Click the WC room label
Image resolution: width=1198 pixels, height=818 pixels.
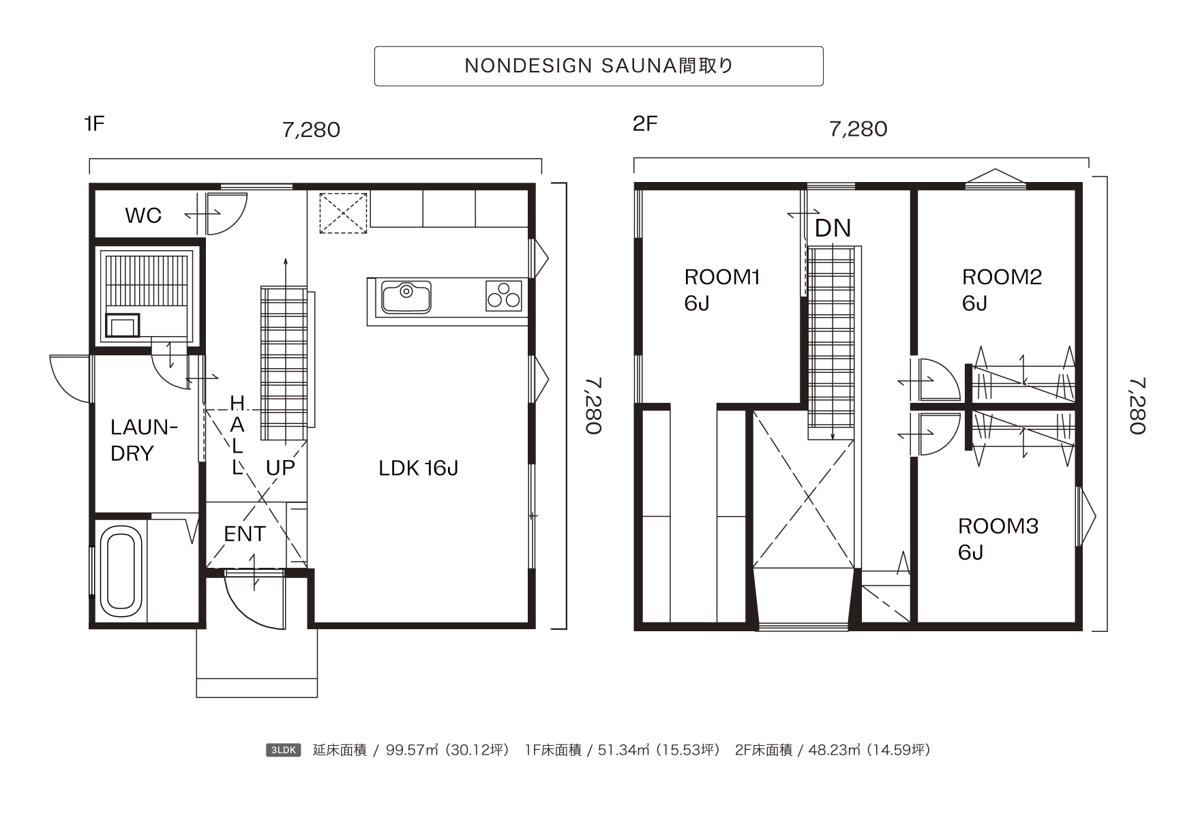(x=143, y=215)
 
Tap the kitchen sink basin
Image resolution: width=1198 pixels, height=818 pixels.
(x=406, y=297)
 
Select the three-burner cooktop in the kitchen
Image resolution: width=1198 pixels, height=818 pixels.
(x=504, y=296)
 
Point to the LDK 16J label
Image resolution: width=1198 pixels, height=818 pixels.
(x=418, y=468)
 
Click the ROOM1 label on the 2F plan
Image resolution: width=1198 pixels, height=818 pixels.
(x=721, y=277)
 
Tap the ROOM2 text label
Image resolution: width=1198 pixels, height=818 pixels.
(x=1002, y=277)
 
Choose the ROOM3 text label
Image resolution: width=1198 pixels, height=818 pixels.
(x=998, y=526)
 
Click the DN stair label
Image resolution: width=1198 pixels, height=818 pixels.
(x=833, y=228)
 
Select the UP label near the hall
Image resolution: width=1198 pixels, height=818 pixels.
(x=280, y=468)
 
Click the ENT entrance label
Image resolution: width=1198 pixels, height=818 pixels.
(x=244, y=534)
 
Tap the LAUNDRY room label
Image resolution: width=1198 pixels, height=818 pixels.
(x=144, y=440)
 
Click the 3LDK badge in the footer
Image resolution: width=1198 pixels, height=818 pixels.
(x=283, y=751)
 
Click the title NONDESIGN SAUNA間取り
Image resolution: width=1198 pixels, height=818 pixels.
(x=599, y=65)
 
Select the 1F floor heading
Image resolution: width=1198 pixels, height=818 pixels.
(x=94, y=123)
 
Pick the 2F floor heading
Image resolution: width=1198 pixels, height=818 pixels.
(x=645, y=123)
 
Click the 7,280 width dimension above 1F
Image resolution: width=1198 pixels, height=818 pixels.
(x=312, y=130)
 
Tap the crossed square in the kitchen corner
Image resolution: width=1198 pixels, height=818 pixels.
(x=344, y=213)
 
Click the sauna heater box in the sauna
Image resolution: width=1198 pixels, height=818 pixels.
(x=122, y=326)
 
